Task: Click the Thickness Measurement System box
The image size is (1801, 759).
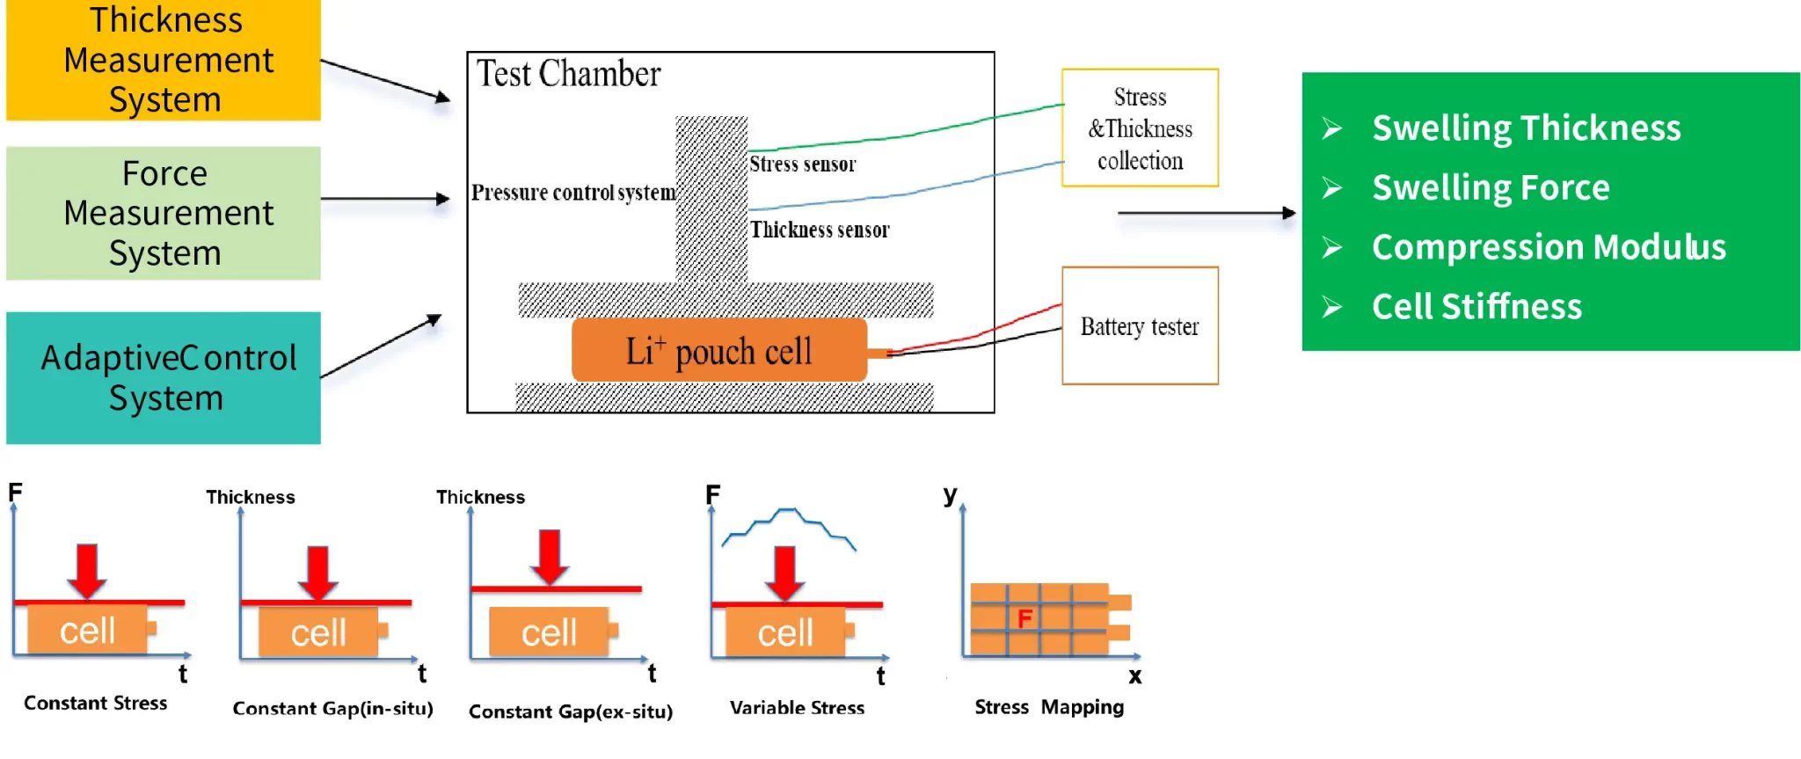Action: coord(164,60)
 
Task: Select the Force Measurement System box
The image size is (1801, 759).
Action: coord(164,213)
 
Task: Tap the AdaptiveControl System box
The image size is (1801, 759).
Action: coord(164,377)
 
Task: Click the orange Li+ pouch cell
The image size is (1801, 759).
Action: coord(719,350)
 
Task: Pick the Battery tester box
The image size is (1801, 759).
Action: coord(1140,326)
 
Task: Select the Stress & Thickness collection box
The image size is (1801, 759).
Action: coord(1140,128)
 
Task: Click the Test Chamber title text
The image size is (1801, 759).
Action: coord(568,74)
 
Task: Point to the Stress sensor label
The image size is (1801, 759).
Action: coord(802,164)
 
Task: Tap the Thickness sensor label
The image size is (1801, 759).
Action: coord(820,230)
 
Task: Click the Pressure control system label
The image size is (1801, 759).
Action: coord(573,193)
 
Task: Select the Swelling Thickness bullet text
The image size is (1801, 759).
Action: coord(1526,128)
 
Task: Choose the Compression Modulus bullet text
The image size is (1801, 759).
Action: coord(1549,247)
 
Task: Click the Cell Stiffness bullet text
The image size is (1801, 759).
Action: coord(1477,307)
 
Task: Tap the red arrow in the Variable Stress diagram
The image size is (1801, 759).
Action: coord(784,572)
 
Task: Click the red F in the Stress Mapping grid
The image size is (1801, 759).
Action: coord(1024,619)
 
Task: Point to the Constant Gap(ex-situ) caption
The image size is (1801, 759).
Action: coord(571,712)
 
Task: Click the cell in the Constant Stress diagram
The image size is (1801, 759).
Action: coord(87,630)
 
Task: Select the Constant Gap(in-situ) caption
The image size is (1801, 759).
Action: coord(332,708)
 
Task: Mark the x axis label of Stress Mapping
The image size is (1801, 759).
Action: coord(1135,676)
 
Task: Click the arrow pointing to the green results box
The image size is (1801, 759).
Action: coord(1206,213)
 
